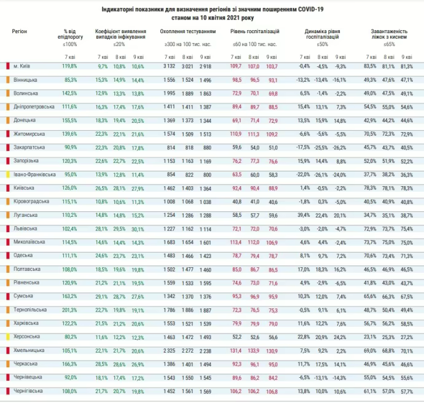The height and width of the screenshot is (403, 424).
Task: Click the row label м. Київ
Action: coord(22,66)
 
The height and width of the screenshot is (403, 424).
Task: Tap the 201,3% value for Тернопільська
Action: coord(70,310)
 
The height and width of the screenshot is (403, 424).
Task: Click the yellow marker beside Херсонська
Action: coord(7,337)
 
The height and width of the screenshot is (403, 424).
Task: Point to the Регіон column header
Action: coord(19,30)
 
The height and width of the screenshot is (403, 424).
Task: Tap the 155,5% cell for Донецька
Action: coord(70,120)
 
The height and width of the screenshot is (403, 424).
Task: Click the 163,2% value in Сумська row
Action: coord(70,296)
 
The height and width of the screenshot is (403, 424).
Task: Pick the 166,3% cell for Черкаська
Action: coord(70,364)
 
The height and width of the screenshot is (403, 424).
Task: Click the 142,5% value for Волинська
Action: coord(70,93)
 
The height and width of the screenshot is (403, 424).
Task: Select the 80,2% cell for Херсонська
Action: coord(71,337)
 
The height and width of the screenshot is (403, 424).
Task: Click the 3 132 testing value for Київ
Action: coord(170,66)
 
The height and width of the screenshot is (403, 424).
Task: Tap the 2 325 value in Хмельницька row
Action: coord(170,350)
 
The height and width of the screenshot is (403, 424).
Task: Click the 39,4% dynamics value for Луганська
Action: coord(304,215)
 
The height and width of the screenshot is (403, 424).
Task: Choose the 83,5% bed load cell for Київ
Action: coord(370,66)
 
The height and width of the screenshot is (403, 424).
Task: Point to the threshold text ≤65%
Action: coord(389,44)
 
